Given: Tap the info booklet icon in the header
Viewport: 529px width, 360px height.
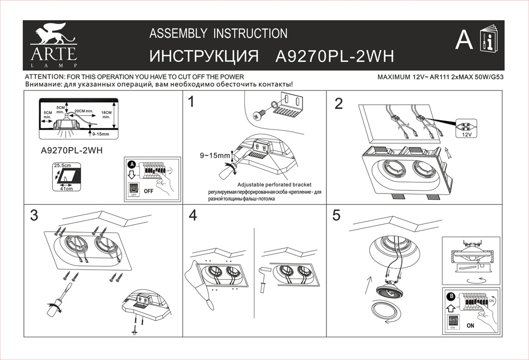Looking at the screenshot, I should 489,40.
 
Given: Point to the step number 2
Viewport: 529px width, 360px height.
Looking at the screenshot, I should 339,104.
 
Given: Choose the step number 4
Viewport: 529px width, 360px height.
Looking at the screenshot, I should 193,215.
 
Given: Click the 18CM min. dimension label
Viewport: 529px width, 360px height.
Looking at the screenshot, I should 106,115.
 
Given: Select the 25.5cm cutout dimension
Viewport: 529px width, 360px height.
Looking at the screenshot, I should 62,165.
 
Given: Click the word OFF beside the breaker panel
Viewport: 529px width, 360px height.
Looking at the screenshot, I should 149,192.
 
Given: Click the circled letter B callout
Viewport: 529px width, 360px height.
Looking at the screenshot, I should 451,296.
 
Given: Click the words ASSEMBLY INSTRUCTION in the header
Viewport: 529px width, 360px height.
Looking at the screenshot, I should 218,34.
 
